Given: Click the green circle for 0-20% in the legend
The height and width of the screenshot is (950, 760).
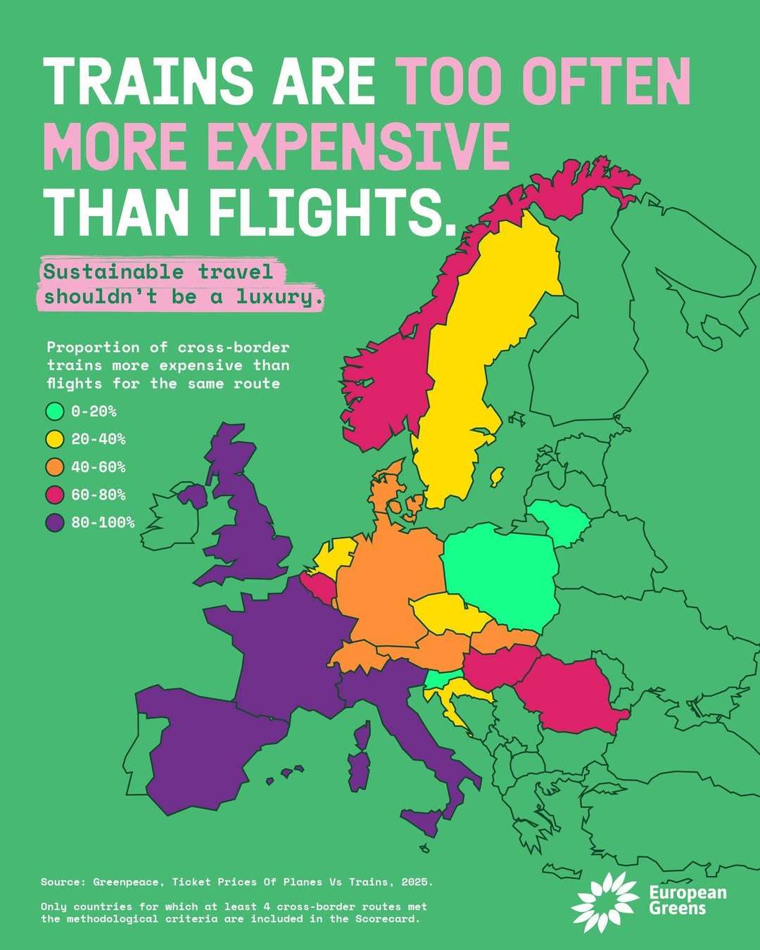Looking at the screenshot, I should (x=55, y=411).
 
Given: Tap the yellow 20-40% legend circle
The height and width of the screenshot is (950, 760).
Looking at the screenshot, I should (x=55, y=439).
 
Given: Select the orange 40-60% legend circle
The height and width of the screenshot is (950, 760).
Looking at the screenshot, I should (x=55, y=467).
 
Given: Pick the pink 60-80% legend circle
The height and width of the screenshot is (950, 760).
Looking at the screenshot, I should (x=55, y=495).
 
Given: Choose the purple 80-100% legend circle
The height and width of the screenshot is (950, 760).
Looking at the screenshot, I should (x=55, y=522).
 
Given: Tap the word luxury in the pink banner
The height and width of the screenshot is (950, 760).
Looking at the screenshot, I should (x=279, y=297).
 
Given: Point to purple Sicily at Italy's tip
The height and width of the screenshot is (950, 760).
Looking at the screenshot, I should (x=425, y=822).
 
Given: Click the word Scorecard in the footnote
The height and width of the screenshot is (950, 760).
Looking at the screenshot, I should (x=386, y=919).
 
